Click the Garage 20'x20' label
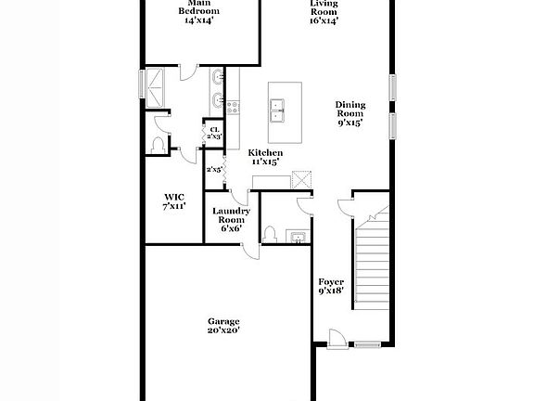(x=223, y=326)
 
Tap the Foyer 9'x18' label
(x=331, y=286)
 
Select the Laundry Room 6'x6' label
(x=231, y=220)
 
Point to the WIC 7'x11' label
(x=174, y=201)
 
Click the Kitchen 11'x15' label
(x=265, y=157)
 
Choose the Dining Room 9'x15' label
(x=350, y=113)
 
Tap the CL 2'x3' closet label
(x=214, y=133)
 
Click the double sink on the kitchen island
(x=277, y=110)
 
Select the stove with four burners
(x=234, y=108)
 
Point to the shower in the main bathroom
(x=155, y=88)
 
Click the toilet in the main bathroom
(x=158, y=145)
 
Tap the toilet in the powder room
(x=269, y=235)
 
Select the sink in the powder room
(x=298, y=237)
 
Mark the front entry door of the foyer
(x=337, y=340)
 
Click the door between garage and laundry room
(x=251, y=252)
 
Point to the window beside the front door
(x=367, y=344)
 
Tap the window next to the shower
(x=142, y=84)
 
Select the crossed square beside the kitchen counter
(x=301, y=179)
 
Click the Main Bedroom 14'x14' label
(x=199, y=11)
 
